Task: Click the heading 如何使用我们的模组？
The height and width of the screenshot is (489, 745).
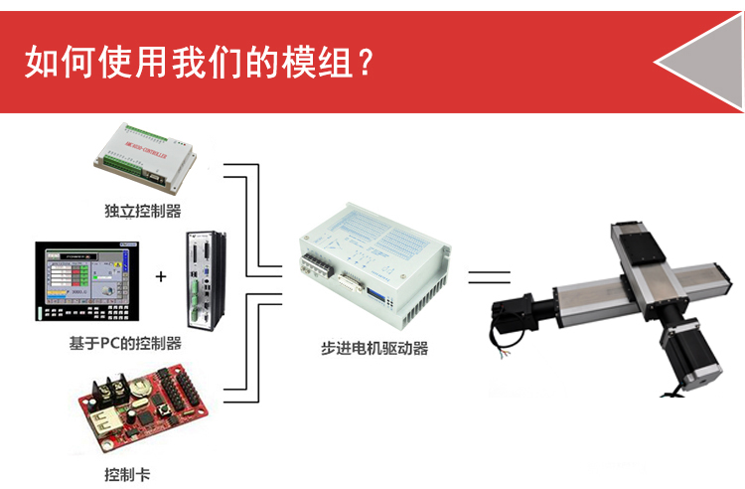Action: click(200, 62)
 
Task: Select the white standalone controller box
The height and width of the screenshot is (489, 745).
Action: click(145, 158)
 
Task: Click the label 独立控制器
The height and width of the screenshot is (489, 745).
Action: click(142, 211)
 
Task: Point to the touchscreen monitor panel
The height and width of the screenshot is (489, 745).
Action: click(87, 281)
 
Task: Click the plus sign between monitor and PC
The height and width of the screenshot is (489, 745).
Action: click(161, 276)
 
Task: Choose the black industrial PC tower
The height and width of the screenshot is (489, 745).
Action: click(206, 280)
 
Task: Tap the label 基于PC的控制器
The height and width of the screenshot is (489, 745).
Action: click(125, 343)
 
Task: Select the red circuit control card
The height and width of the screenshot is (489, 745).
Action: click(142, 407)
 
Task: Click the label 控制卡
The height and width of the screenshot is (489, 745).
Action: click(127, 474)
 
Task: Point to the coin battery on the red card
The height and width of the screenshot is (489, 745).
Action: click(141, 387)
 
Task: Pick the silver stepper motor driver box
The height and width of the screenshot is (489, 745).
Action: click(374, 263)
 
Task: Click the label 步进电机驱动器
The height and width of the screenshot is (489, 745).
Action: click(374, 348)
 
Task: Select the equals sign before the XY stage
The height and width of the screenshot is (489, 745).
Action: click(489, 277)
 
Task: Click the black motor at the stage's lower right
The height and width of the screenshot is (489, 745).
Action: click(690, 354)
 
